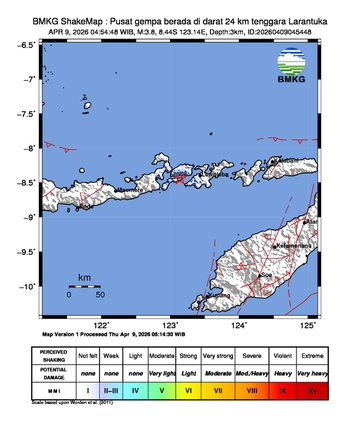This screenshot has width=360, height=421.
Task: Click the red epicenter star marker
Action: click(x=179, y=179)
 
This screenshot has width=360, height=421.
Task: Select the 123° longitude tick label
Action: click(x=171, y=325)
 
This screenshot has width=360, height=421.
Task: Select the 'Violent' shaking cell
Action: click(x=287, y=356)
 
